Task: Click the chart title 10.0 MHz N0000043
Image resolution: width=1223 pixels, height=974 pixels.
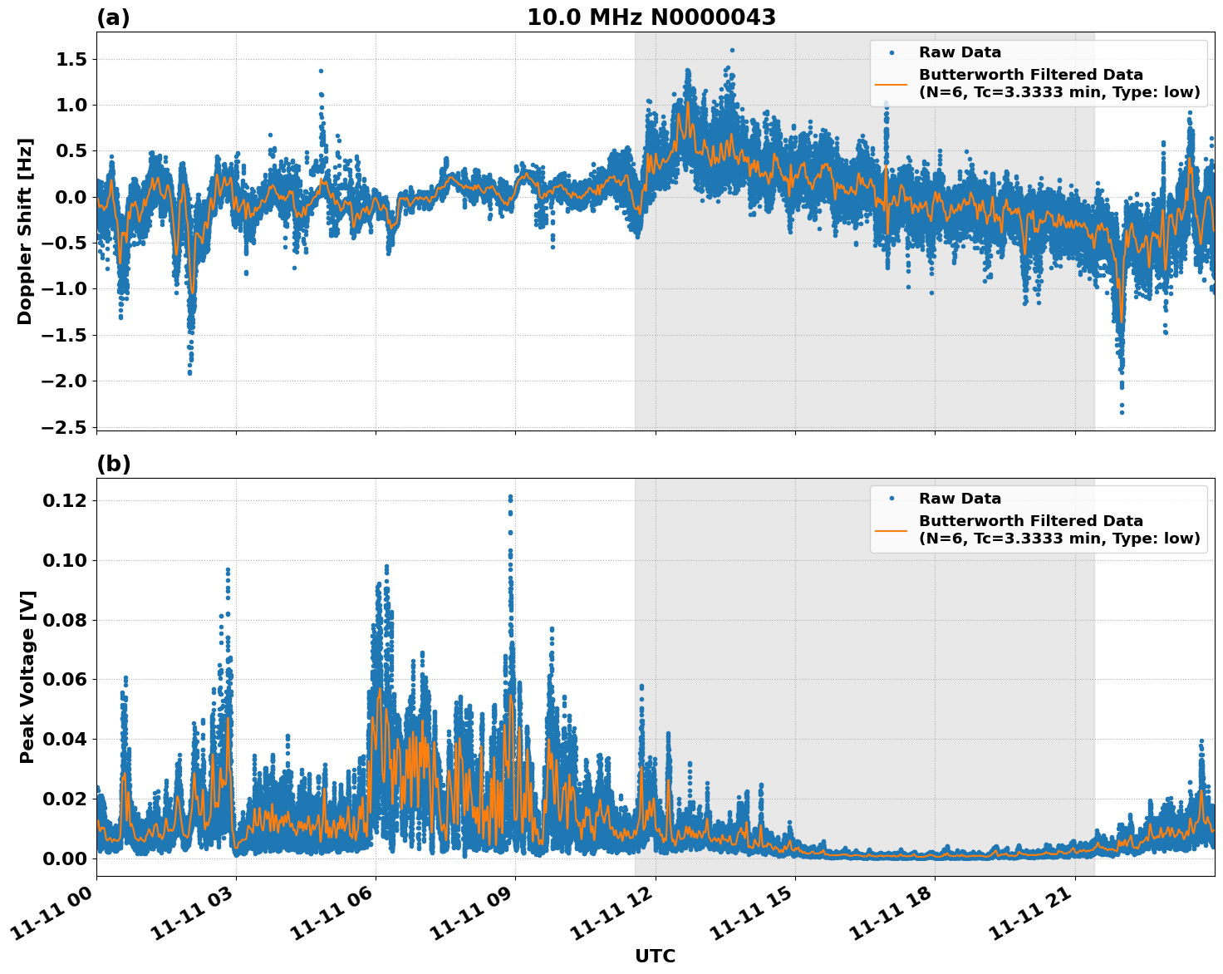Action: tap(651, 17)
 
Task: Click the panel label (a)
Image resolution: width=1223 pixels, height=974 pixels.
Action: tap(113, 17)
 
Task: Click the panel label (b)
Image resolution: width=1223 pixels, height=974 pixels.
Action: tap(113, 464)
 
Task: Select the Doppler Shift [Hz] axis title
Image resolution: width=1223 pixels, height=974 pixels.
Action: tap(25, 231)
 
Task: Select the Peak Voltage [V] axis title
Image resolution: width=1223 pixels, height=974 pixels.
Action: tap(27, 676)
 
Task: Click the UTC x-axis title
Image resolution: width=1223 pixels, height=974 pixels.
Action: tap(655, 956)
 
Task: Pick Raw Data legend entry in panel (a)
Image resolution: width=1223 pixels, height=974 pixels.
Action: tap(960, 52)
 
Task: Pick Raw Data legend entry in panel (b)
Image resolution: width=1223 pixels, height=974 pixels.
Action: tap(960, 499)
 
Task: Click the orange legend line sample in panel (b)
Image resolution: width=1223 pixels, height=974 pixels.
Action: tap(891, 529)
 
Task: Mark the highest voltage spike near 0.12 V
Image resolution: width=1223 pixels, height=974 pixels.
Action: tap(510, 497)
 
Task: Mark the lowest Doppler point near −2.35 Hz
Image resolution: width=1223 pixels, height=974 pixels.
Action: tap(1121, 412)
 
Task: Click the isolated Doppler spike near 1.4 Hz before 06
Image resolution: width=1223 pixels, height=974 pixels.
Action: tap(321, 71)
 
